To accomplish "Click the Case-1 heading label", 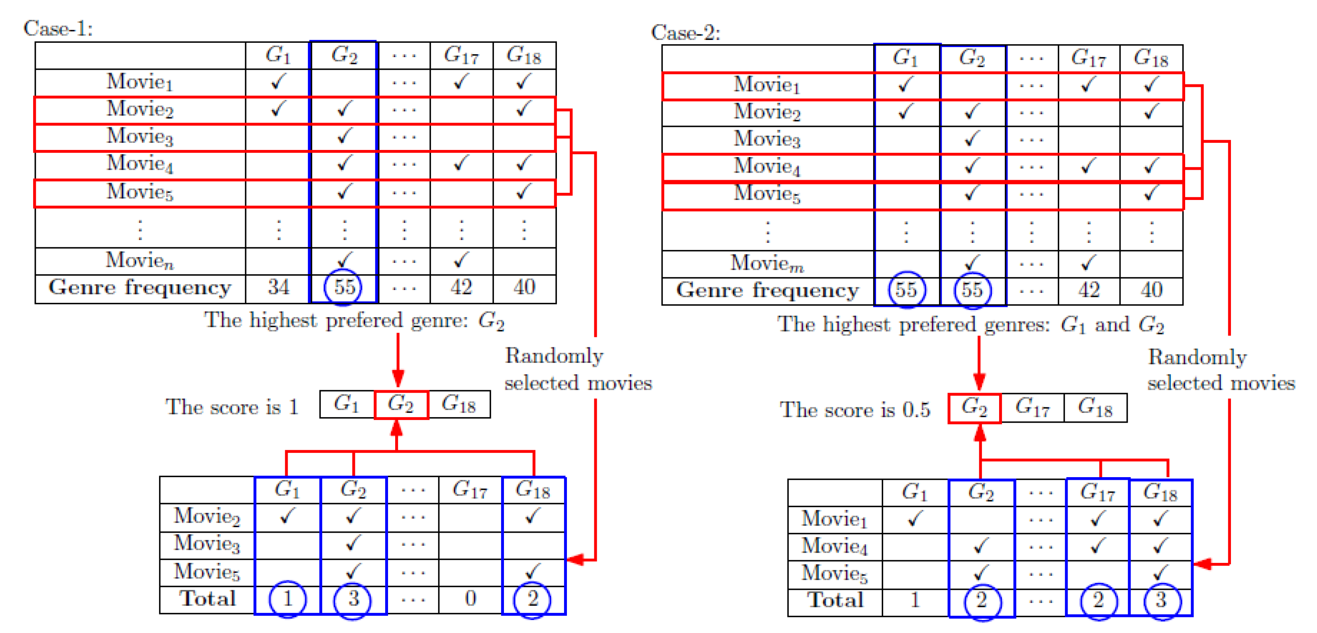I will coord(58,28).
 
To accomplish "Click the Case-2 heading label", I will coord(685,32).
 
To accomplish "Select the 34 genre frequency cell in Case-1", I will coord(278,287).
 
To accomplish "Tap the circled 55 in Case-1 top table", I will coord(344,287).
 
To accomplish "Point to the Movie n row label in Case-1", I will coord(139,260).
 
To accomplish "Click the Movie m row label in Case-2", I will coord(767,263).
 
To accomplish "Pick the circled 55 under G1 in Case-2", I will coord(906,290).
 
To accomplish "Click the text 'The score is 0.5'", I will coord(854,410).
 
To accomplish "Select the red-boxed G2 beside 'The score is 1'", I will coord(400,404).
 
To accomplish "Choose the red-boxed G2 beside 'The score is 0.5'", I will coord(974,407).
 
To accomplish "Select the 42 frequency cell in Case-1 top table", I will coord(461,287).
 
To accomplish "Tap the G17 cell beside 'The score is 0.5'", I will coord(1032,407).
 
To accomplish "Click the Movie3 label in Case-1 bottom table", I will coord(207,544).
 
